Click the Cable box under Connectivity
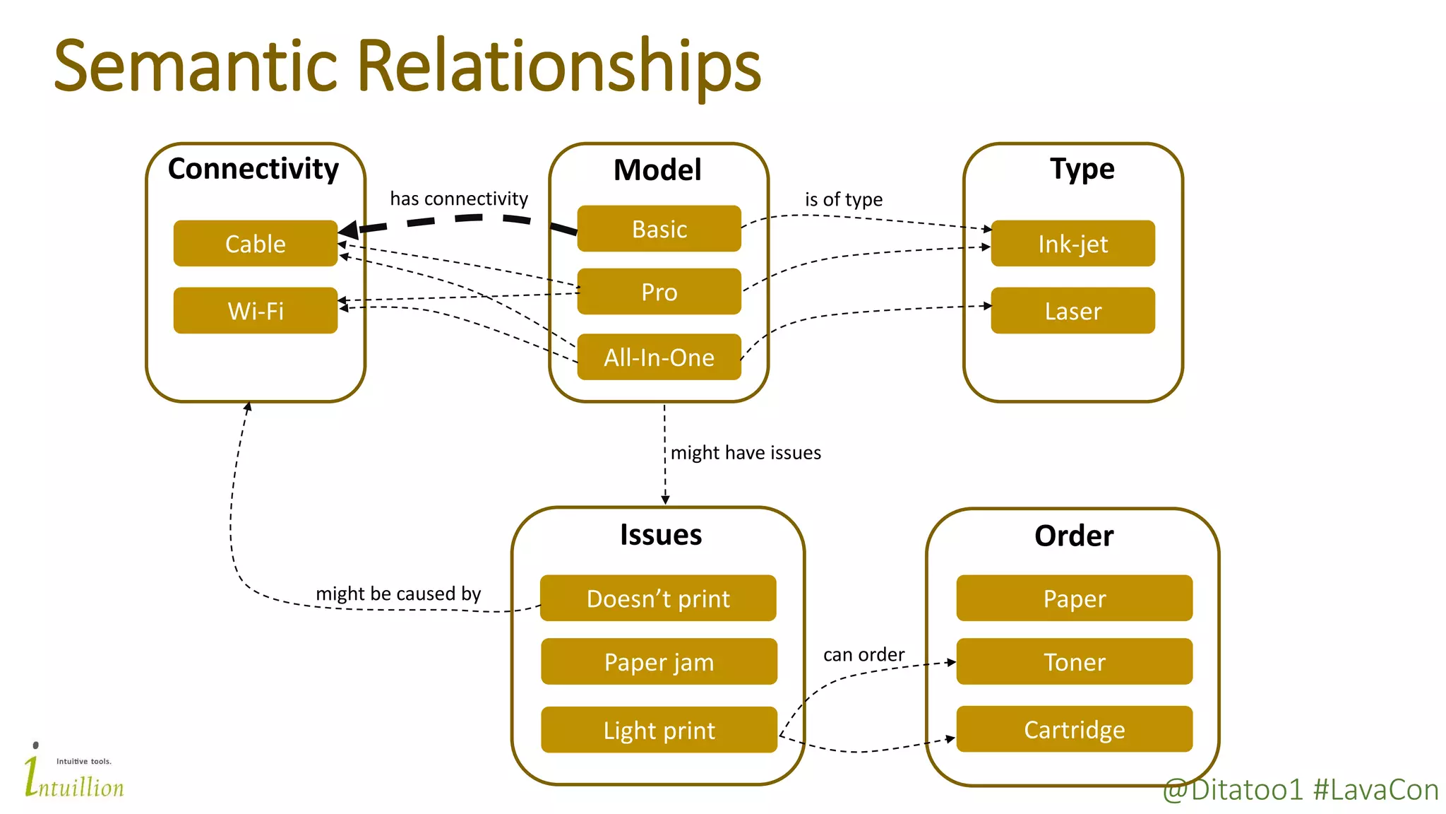255,244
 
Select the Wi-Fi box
255,311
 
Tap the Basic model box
659,229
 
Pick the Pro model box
659,292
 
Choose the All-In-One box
659,358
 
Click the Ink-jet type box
1072,244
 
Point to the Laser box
1072,311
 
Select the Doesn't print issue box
658,598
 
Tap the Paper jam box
659,662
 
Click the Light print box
659,730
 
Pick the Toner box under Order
1074,662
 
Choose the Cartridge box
1074,729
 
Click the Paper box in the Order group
1074,598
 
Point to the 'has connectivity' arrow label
459,199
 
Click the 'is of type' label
843,200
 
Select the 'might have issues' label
746,453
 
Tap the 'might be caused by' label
398,594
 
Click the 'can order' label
864,655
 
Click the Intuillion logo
73,774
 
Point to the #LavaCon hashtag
1375,790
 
